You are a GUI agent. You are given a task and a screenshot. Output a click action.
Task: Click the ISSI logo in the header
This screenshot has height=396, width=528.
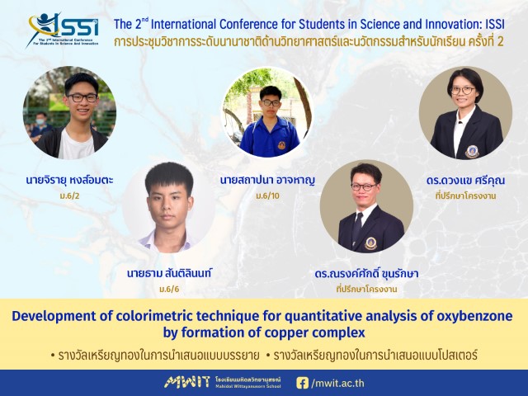(x=64, y=30)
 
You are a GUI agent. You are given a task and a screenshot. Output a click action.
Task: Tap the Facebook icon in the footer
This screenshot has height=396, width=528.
(x=302, y=383)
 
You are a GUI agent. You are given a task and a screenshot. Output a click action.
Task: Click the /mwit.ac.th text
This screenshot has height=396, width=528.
(x=337, y=383)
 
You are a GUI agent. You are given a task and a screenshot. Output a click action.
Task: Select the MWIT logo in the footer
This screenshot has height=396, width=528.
(x=187, y=383)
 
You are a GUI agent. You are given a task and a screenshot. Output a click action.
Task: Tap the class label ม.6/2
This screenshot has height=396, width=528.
(x=69, y=196)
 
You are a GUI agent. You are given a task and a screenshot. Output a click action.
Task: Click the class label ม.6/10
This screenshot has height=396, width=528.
(x=267, y=196)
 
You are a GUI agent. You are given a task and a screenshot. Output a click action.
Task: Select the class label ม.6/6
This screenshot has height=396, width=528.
(x=169, y=289)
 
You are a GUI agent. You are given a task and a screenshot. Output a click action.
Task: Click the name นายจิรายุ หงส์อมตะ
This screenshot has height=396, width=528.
(x=69, y=180)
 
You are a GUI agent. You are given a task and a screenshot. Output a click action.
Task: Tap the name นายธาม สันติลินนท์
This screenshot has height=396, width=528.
(x=169, y=273)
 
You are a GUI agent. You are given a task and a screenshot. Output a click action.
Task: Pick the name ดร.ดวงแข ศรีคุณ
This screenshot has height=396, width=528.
(x=465, y=180)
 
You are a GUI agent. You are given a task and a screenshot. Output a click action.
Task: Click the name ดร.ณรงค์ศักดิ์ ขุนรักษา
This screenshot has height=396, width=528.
(x=366, y=273)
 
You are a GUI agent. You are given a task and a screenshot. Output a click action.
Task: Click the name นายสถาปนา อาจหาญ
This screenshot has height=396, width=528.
(x=267, y=180)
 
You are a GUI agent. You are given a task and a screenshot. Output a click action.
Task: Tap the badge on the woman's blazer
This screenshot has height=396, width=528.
(x=472, y=152)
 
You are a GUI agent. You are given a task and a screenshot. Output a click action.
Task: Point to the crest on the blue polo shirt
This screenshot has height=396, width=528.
(x=281, y=145)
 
